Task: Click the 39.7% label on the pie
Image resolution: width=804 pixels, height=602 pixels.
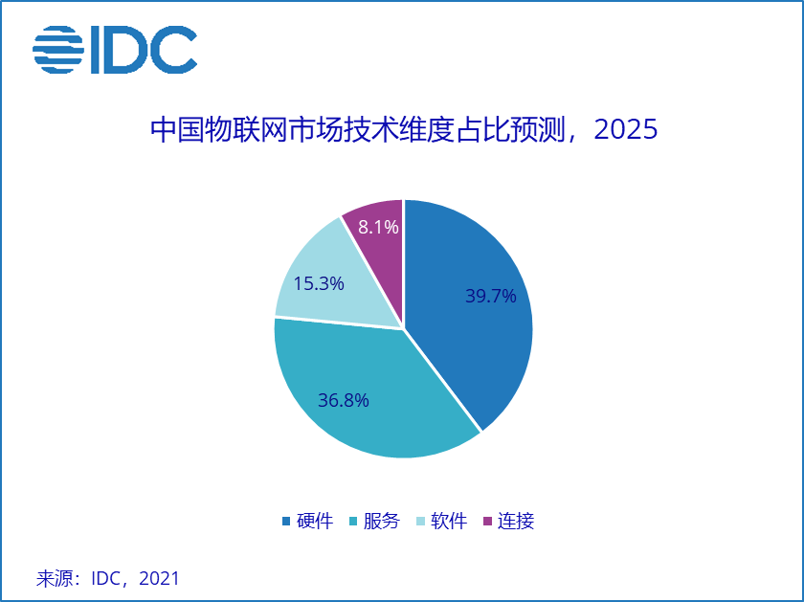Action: [x=491, y=297]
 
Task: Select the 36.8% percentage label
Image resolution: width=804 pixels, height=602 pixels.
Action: [x=344, y=400]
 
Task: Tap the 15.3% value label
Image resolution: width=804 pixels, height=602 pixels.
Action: [x=319, y=283]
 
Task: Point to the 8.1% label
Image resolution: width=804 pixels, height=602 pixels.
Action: [x=378, y=227]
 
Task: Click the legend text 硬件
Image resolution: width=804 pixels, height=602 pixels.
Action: [x=315, y=522]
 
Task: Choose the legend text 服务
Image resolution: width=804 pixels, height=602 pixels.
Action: [x=382, y=522]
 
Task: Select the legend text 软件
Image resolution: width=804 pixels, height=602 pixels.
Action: [x=449, y=522]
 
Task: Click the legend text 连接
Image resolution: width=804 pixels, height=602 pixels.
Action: [x=516, y=522]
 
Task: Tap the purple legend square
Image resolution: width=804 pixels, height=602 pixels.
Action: [x=488, y=522]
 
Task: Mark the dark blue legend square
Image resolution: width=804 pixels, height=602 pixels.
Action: [x=286, y=522]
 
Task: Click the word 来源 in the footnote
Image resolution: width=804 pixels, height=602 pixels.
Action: [x=54, y=578]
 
